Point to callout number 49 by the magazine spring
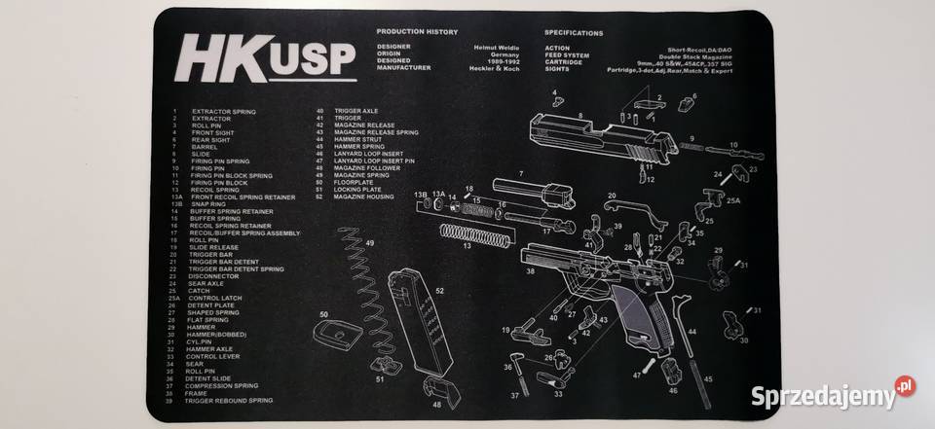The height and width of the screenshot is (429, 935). [x=370, y=243]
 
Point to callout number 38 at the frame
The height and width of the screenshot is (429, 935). [x=531, y=271]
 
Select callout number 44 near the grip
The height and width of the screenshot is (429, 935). [x=691, y=332]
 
